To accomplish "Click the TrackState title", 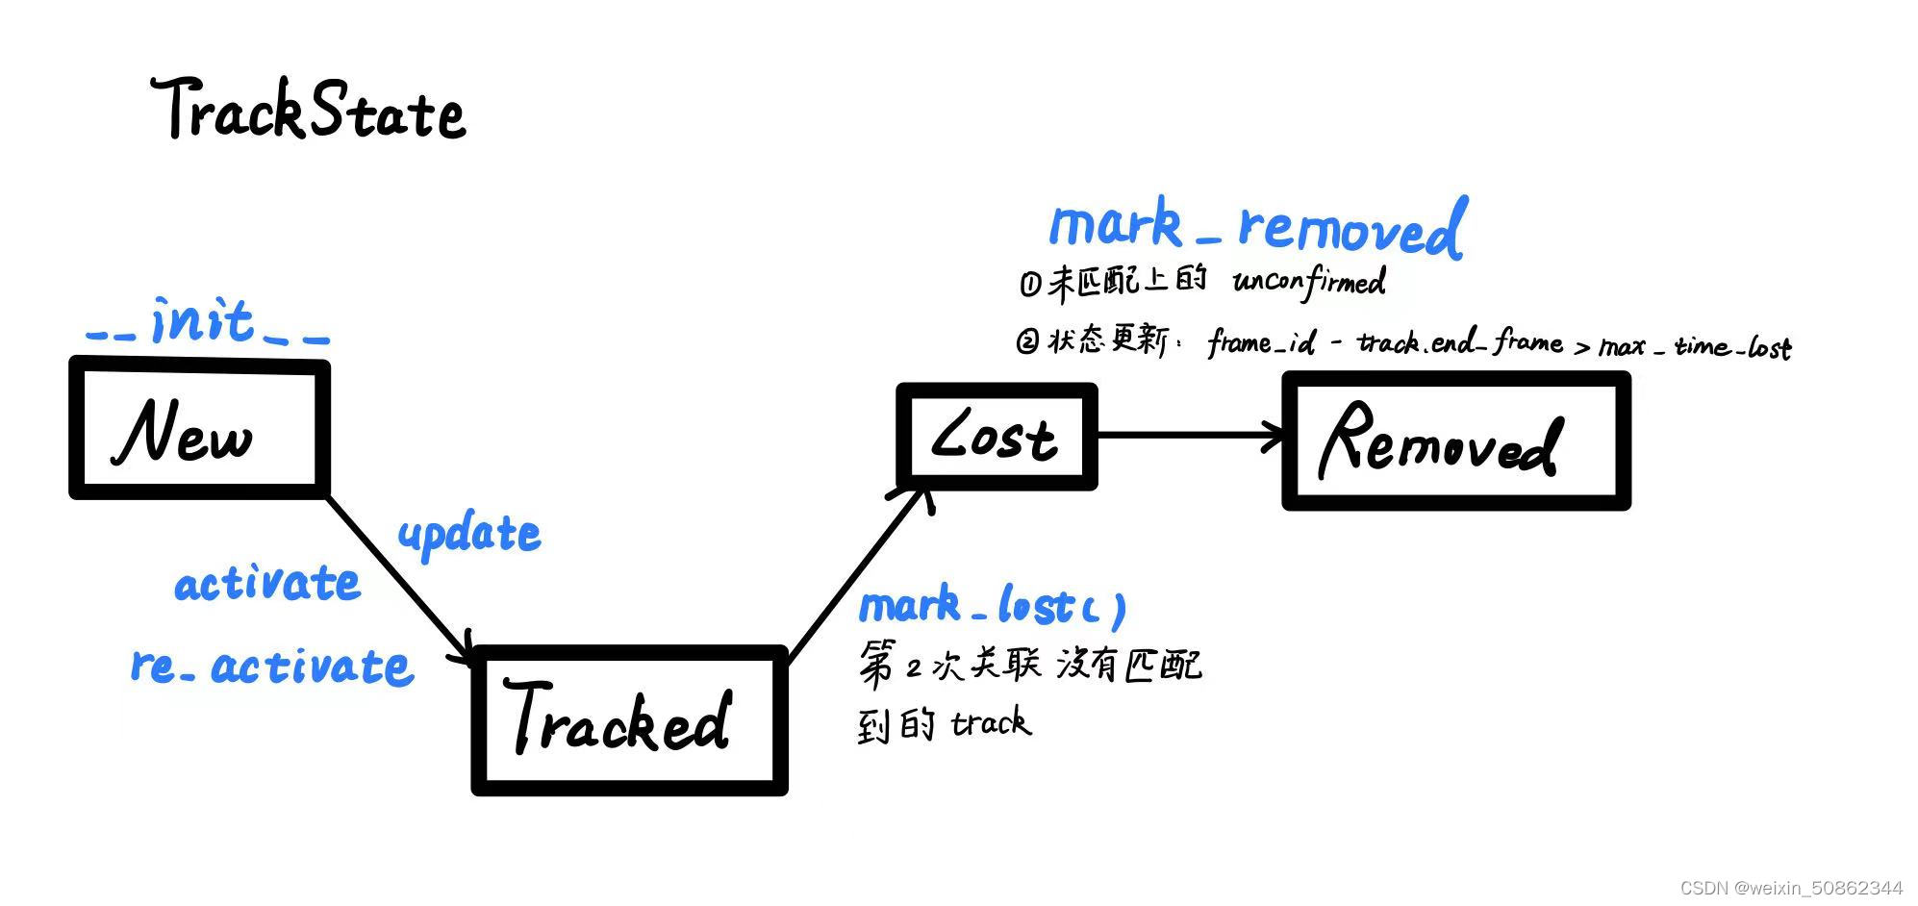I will [x=308, y=110].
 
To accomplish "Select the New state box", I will [x=199, y=429].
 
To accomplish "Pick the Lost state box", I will [x=997, y=437].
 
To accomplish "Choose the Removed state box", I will [x=1455, y=441].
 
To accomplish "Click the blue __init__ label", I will [x=208, y=322].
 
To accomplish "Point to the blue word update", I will [x=469, y=534].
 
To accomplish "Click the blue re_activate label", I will [x=272, y=666].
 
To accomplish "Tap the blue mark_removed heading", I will [x=1256, y=227].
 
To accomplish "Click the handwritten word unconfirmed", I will [x=1309, y=282].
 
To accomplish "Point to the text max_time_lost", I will [x=1694, y=346].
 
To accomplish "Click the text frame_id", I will [x=1261, y=342].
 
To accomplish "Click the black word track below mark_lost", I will [x=991, y=722].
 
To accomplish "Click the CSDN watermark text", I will [x=1790, y=888].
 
